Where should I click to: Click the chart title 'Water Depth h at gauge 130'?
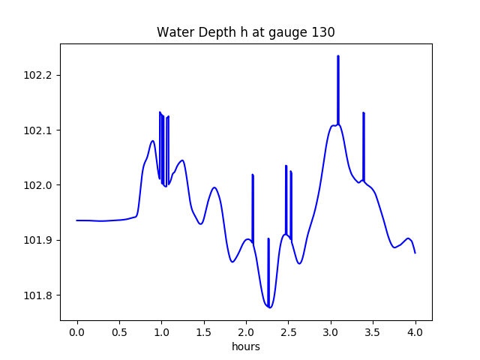tap(245, 32)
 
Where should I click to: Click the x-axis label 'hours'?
tap(245, 346)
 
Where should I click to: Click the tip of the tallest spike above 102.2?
tap(338, 56)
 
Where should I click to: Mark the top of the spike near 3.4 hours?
tap(364, 113)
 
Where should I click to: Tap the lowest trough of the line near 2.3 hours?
tap(270, 307)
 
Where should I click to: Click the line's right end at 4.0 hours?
tap(415, 253)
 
